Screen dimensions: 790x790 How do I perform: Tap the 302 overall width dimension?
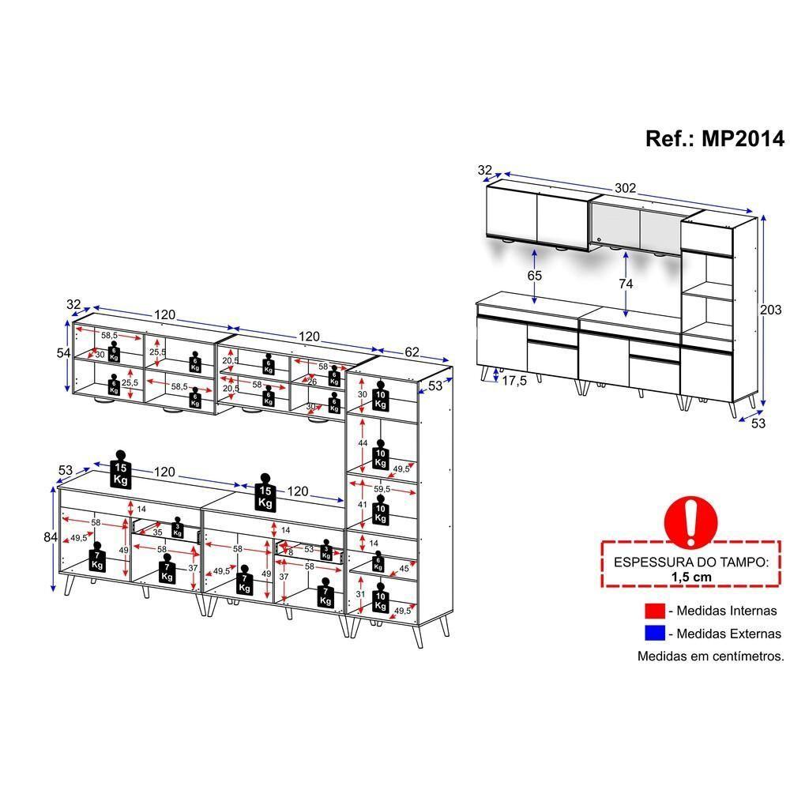click(x=626, y=189)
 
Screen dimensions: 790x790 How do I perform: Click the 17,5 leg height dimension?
click(x=514, y=380)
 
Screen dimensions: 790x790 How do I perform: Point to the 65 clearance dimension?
click(x=535, y=276)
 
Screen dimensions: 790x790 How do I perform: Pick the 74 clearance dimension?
click(x=626, y=283)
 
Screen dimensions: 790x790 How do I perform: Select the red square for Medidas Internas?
click(x=655, y=611)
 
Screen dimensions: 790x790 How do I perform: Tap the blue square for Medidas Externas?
click(x=655, y=634)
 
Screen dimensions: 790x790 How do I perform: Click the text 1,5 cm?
click(x=691, y=577)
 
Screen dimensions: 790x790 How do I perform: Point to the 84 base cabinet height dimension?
click(x=51, y=537)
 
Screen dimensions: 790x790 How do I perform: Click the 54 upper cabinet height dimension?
click(x=65, y=352)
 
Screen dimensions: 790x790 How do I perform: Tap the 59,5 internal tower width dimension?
click(x=382, y=490)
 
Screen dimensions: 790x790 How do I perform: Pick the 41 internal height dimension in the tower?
click(x=363, y=504)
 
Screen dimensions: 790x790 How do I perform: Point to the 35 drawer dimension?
click(x=157, y=532)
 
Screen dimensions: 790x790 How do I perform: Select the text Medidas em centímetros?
click(x=710, y=656)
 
